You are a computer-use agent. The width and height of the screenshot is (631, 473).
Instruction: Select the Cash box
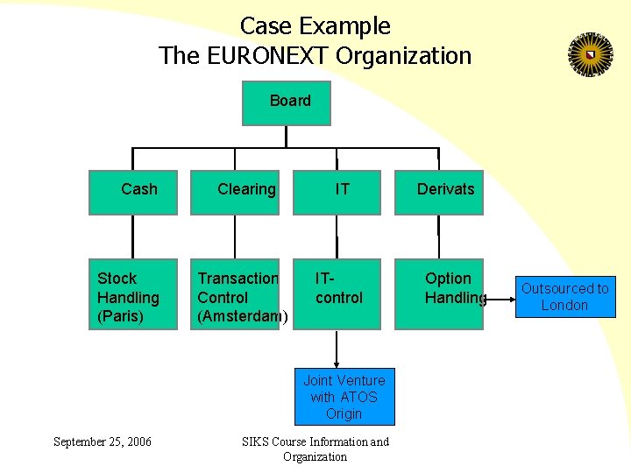coord(133,193)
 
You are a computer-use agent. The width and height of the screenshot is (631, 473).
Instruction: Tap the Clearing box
coord(235,193)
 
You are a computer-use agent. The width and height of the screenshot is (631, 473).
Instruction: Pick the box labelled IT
coord(337,193)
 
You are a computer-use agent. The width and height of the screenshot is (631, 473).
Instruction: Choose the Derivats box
coord(439,193)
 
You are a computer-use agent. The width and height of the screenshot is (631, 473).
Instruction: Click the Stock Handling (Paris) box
coord(133,294)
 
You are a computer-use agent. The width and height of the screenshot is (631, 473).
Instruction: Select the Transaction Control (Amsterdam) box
coord(235,294)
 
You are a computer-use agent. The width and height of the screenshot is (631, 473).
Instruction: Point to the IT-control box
coord(337,294)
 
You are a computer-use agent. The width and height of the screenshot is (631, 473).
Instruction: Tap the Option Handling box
coord(439,294)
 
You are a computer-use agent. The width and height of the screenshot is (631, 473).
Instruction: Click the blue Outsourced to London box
coord(564,297)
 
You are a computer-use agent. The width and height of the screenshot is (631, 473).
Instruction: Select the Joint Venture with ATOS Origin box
coord(344,397)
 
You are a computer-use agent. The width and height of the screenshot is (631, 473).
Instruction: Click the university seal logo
coord(589,55)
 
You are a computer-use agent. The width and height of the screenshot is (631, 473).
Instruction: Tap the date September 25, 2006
coord(102,441)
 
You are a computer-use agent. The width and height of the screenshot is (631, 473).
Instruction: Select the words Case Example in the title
coord(315,26)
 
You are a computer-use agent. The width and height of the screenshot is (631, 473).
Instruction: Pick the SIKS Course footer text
coord(315,448)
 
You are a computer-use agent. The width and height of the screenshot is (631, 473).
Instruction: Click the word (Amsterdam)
coord(242,316)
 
